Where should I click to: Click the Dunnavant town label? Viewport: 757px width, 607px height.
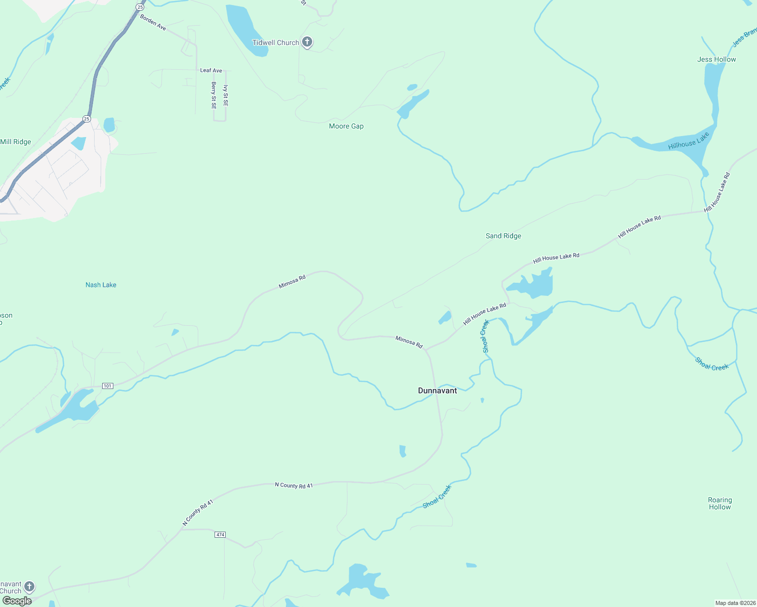pyautogui.click(x=437, y=391)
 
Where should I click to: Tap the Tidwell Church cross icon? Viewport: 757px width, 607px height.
pyautogui.click(x=307, y=42)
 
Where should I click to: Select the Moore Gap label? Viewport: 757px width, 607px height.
pyautogui.click(x=346, y=126)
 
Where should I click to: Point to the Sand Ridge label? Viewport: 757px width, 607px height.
pyautogui.click(x=503, y=236)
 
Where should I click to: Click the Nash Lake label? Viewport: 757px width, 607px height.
pyautogui.click(x=101, y=285)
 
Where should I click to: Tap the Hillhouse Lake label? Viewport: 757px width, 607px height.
pyautogui.click(x=689, y=141)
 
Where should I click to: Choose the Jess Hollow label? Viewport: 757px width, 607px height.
pyautogui.click(x=717, y=59)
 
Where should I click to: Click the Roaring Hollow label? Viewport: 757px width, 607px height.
pyautogui.click(x=720, y=503)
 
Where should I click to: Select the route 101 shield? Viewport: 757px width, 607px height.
pyautogui.click(x=107, y=386)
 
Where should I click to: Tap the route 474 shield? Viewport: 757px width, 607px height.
pyautogui.click(x=220, y=535)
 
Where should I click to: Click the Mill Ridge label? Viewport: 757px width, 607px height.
pyautogui.click(x=16, y=142)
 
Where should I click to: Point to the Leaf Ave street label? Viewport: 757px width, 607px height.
pyautogui.click(x=211, y=70)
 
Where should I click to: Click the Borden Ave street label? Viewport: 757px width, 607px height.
pyautogui.click(x=153, y=22)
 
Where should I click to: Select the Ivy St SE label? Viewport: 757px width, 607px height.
pyautogui.click(x=226, y=96)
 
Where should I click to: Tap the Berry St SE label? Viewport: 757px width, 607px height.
pyautogui.click(x=214, y=96)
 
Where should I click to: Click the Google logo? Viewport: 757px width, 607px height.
pyautogui.click(x=17, y=601)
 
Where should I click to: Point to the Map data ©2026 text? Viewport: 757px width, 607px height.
pyautogui.click(x=734, y=603)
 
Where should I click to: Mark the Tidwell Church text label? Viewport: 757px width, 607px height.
pyautogui.click(x=276, y=42)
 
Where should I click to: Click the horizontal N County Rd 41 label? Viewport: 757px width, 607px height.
pyautogui.click(x=293, y=486)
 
